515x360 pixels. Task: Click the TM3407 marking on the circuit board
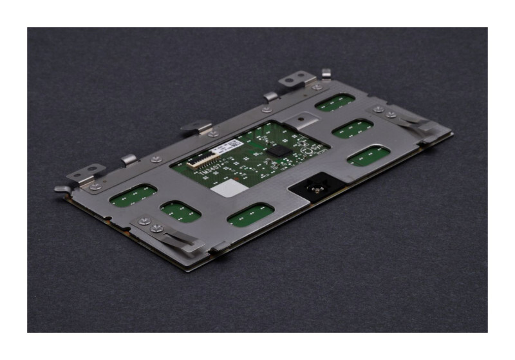pos(205,169)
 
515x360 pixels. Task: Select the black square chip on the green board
pos(277,150)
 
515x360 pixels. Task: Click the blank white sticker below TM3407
pos(225,188)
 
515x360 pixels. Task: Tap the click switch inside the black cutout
pos(316,189)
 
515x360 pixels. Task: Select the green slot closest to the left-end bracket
pos(133,195)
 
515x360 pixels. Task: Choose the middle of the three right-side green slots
pos(353,129)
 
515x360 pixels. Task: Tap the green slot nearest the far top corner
pos(335,102)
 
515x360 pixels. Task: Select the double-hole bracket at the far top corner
pos(297,80)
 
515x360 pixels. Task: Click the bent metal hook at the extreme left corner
pos(63,189)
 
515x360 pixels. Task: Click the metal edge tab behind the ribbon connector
pos(196,127)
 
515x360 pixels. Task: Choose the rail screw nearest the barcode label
pos(212,134)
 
